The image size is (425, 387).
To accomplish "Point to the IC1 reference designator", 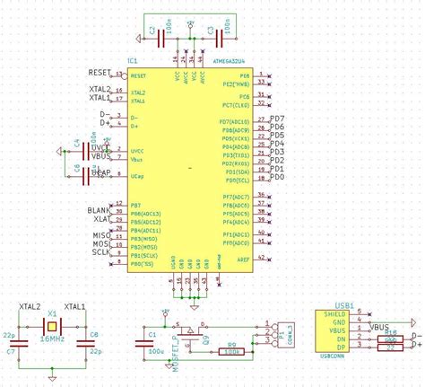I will coord(133,61).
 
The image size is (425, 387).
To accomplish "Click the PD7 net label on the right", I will coord(277,119).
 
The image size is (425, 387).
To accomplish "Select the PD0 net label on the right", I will coord(277,178).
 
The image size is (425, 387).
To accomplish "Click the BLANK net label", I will coord(99,210).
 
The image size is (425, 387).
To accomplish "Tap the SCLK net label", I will coord(100,252).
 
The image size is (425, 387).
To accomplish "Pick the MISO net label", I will coord(100,235).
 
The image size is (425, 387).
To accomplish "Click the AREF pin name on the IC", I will coord(242,259).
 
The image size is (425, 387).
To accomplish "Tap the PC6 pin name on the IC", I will coord(243,95).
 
